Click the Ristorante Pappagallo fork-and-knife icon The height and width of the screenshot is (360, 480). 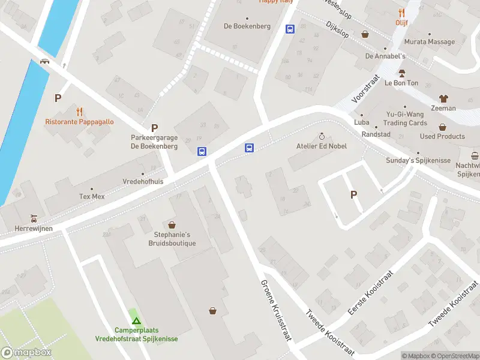pyautogui.click(x=79, y=111)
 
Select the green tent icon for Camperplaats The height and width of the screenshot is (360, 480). pyautogui.click(x=136, y=320)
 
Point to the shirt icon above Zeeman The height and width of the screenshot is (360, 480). pyautogui.click(x=443, y=98)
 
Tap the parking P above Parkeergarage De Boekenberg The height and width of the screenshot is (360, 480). pyautogui.click(x=154, y=127)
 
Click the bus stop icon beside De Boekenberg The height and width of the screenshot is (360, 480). pyautogui.click(x=290, y=28)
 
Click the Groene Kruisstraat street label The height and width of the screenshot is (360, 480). pyautogui.click(x=276, y=310)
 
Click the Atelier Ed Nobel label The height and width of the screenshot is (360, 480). pyautogui.click(x=322, y=146)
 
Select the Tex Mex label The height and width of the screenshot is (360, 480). pyautogui.click(x=92, y=196)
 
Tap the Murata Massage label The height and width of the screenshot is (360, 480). pyautogui.click(x=429, y=42)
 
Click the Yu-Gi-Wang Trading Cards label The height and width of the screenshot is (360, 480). pyautogui.click(x=405, y=119)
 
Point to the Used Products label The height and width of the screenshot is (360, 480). pyautogui.click(x=442, y=136)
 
